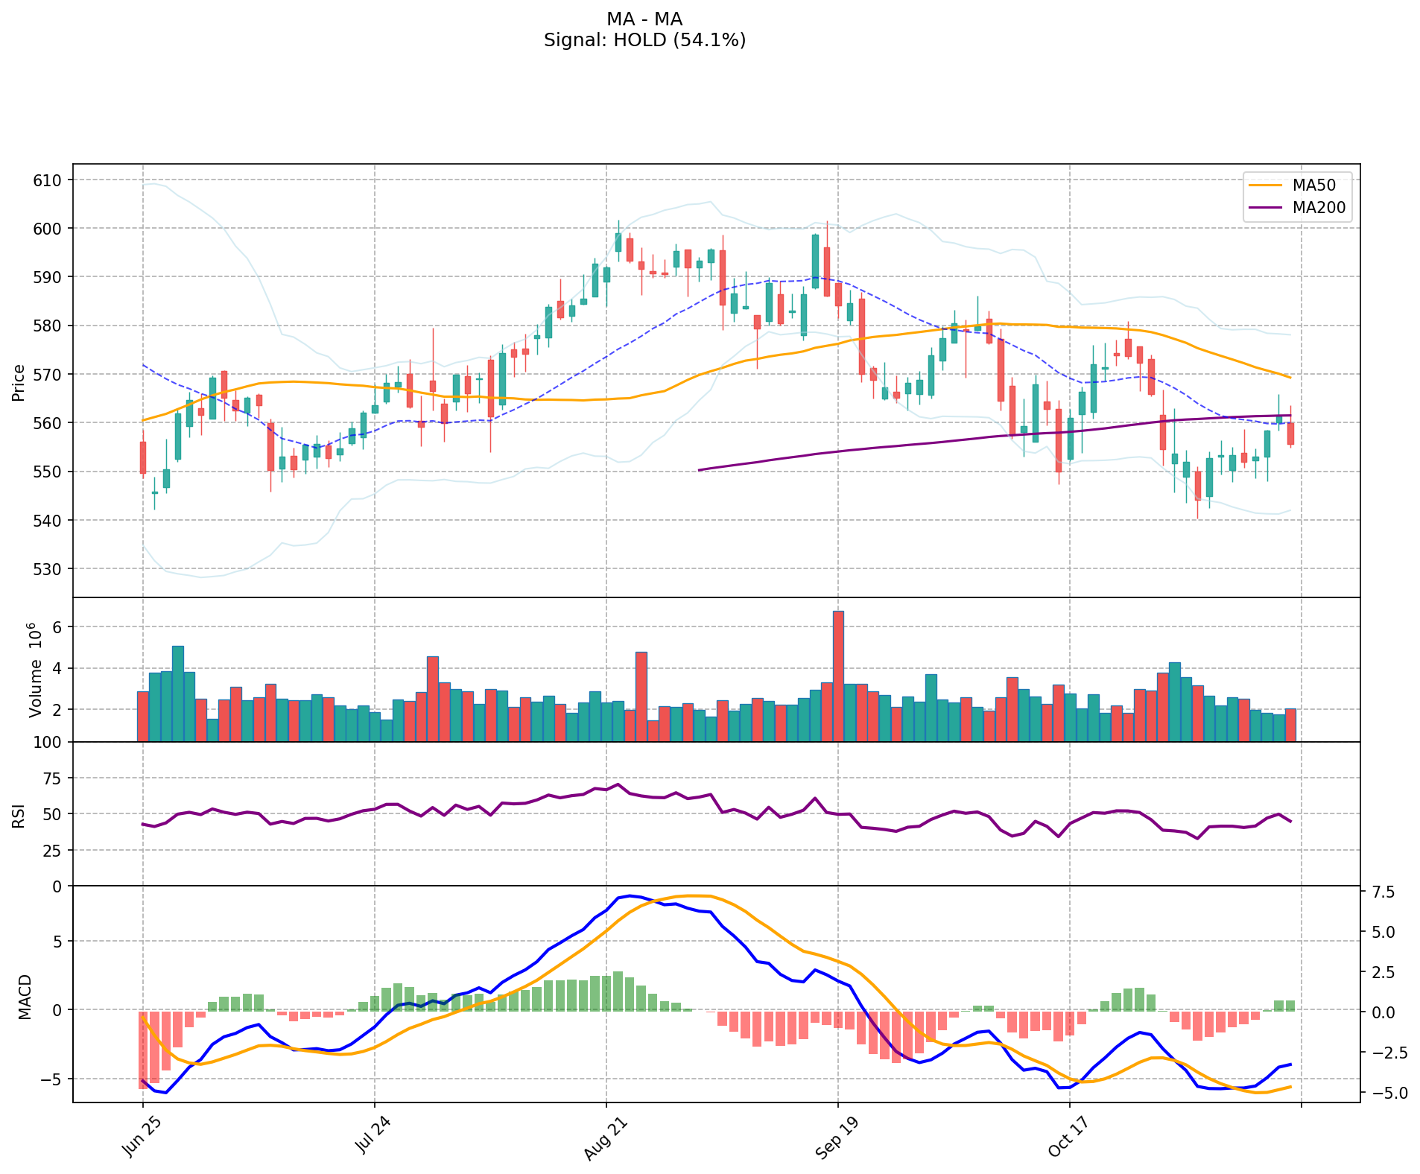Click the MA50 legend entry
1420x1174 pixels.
pyautogui.click(x=1313, y=185)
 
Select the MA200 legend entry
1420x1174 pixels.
pyautogui.click(x=1319, y=208)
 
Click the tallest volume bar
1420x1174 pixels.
pyautogui.click(x=838, y=676)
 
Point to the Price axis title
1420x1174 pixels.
pyautogui.click(x=19, y=382)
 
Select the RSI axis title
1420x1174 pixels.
pyautogui.click(x=19, y=815)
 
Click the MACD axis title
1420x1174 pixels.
pyautogui.click(x=25, y=996)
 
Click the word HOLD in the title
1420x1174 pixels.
pyautogui.click(x=639, y=40)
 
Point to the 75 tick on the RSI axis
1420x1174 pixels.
pyautogui.click(x=51, y=778)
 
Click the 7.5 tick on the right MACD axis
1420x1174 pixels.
pyautogui.click(x=1381, y=892)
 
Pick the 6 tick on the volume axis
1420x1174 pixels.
pyautogui.click(x=57, y=627)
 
